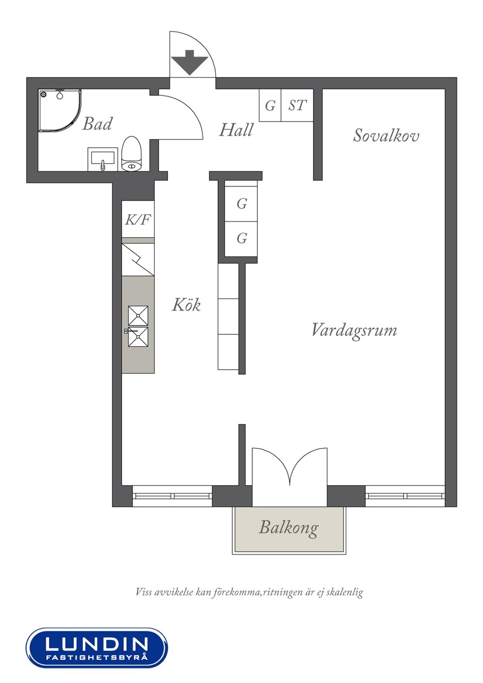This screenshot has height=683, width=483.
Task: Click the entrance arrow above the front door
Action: click(190, 63)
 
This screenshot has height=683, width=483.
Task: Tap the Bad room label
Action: click(97, 124)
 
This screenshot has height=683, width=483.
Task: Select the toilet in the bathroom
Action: click(132, 154)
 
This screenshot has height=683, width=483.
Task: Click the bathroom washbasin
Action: click(103, 159)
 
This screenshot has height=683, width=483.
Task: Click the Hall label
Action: click(236, 130)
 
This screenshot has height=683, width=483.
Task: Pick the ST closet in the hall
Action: click(297, 105)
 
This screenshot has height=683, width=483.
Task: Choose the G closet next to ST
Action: click(270, 105)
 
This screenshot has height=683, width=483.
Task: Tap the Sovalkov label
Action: click(386, 135)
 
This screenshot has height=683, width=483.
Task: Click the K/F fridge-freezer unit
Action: click(138, 219)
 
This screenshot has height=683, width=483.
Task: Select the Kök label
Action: click(186, 305)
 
